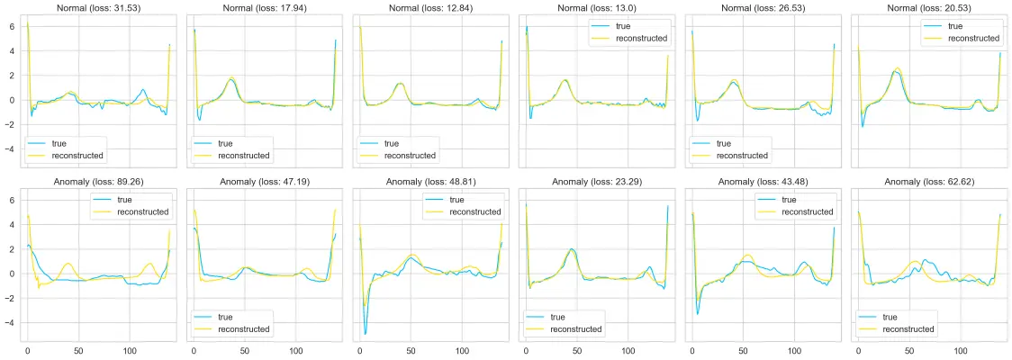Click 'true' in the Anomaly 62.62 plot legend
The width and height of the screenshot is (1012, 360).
891,317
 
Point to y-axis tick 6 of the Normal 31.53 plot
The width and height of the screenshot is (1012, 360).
12,26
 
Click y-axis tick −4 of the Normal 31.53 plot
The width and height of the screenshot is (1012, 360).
10,148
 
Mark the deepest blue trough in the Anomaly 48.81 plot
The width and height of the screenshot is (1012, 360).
365,334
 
